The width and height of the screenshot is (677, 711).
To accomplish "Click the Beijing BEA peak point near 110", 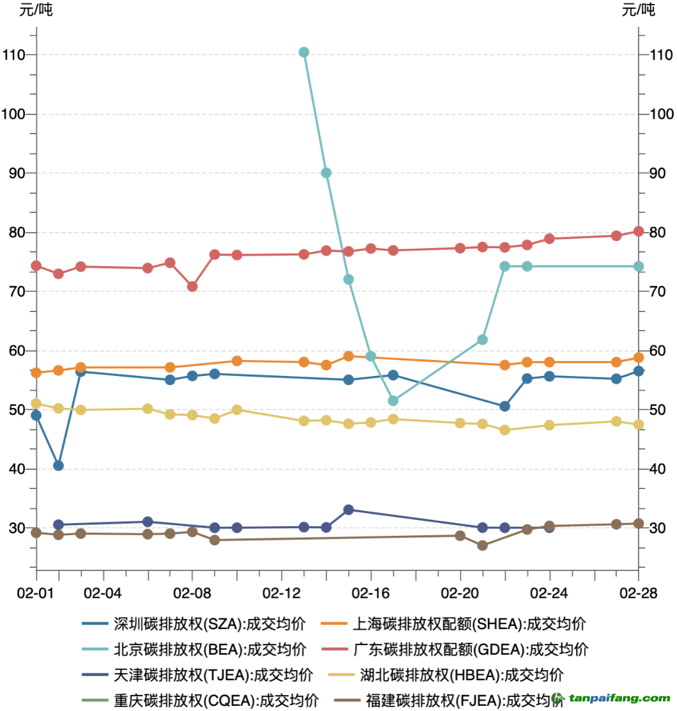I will coord(304,52).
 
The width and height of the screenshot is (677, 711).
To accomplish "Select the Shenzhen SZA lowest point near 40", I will coord(58,465).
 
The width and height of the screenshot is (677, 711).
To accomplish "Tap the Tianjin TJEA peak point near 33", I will coord(349,510).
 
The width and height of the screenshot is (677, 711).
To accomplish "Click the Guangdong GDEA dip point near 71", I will coord(192,286).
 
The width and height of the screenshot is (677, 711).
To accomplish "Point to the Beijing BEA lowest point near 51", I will coord(393,401).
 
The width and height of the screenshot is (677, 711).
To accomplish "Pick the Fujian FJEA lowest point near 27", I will coord(482,545).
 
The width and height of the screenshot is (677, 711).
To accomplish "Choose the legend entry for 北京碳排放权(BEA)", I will coord(194,650).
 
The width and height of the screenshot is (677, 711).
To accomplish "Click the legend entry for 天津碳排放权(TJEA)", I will coord(197,675).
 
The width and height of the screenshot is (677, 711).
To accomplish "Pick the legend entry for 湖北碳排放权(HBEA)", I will coord(446,675).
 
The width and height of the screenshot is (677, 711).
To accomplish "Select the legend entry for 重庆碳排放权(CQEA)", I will coord(201,700).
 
